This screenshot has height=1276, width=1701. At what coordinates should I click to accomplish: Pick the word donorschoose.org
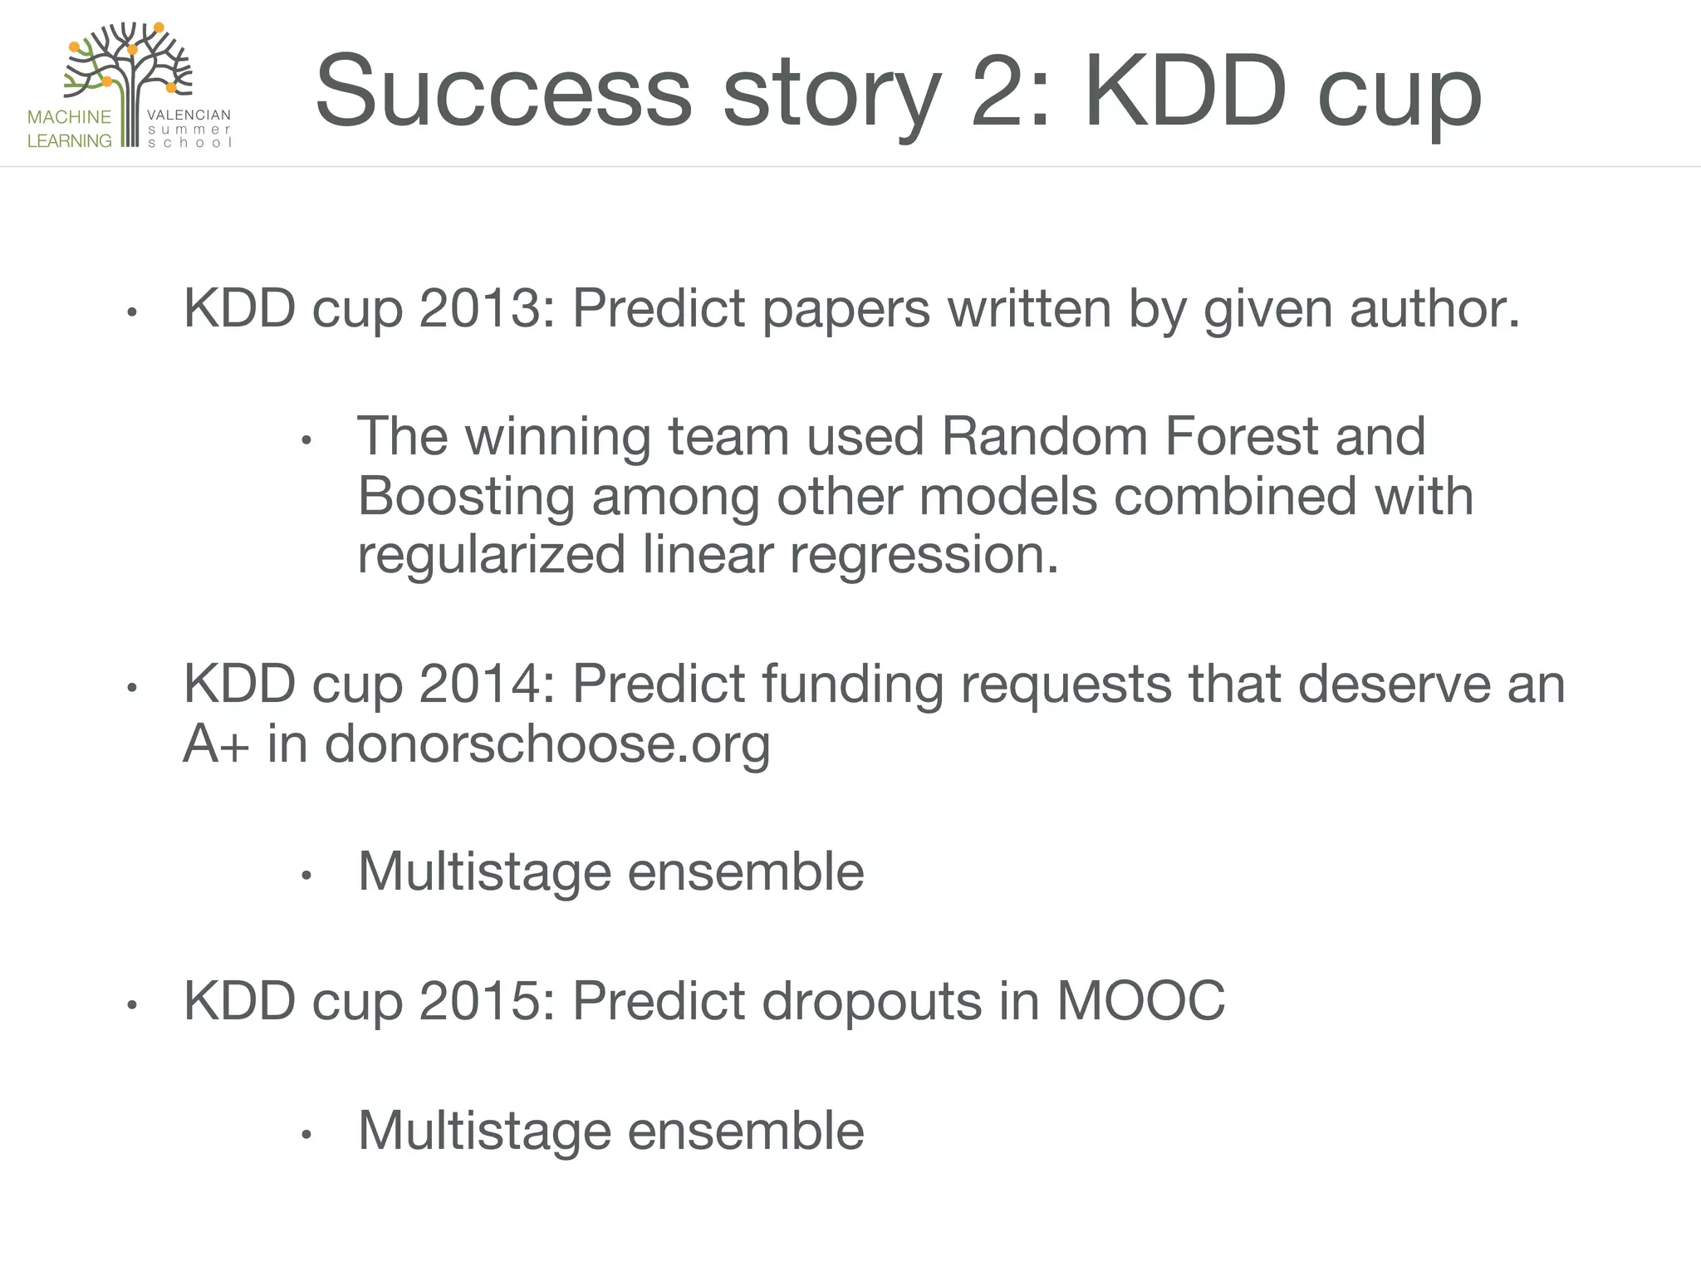(x=547, y=745)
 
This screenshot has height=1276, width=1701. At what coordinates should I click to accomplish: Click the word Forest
(x=1241, y=437)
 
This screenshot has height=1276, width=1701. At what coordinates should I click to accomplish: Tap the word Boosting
(x=466, y=498)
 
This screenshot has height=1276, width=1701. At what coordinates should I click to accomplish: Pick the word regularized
(x=491, y=556)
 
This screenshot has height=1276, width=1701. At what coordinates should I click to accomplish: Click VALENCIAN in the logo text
(x=189, y=115)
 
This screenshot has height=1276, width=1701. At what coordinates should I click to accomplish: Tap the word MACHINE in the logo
(x=69, y=117)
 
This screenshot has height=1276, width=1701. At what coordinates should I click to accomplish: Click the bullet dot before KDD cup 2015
(x=131, y=1006)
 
